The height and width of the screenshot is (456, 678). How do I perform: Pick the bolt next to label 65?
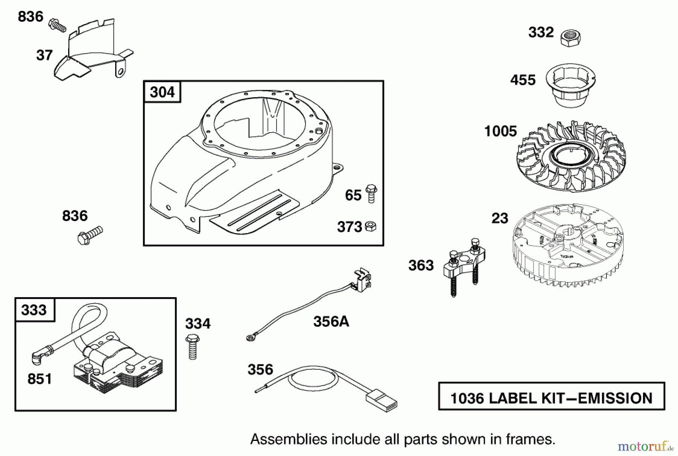click(371, 194)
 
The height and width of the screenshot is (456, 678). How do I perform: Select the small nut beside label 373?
click(371, 226)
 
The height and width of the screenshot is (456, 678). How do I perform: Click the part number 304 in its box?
click(162, 92)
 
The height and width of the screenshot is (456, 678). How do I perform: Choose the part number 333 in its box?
click(34, 310)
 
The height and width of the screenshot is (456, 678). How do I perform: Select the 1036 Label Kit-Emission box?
click(551, 396)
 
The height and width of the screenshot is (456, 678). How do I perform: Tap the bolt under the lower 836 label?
click(90, 235)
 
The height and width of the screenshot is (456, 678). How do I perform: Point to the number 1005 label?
click(500, 132)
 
